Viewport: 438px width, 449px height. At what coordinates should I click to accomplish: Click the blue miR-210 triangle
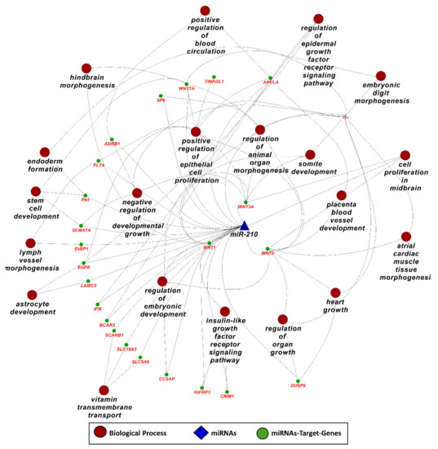click(x=243, y=225)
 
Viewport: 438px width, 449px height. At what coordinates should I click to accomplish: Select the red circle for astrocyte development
click(x=32, y=295)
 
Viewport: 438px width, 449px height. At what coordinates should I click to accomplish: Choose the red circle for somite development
click(x=309, y=153)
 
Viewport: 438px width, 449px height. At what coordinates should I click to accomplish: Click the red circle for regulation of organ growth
click(x=282, y=319)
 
